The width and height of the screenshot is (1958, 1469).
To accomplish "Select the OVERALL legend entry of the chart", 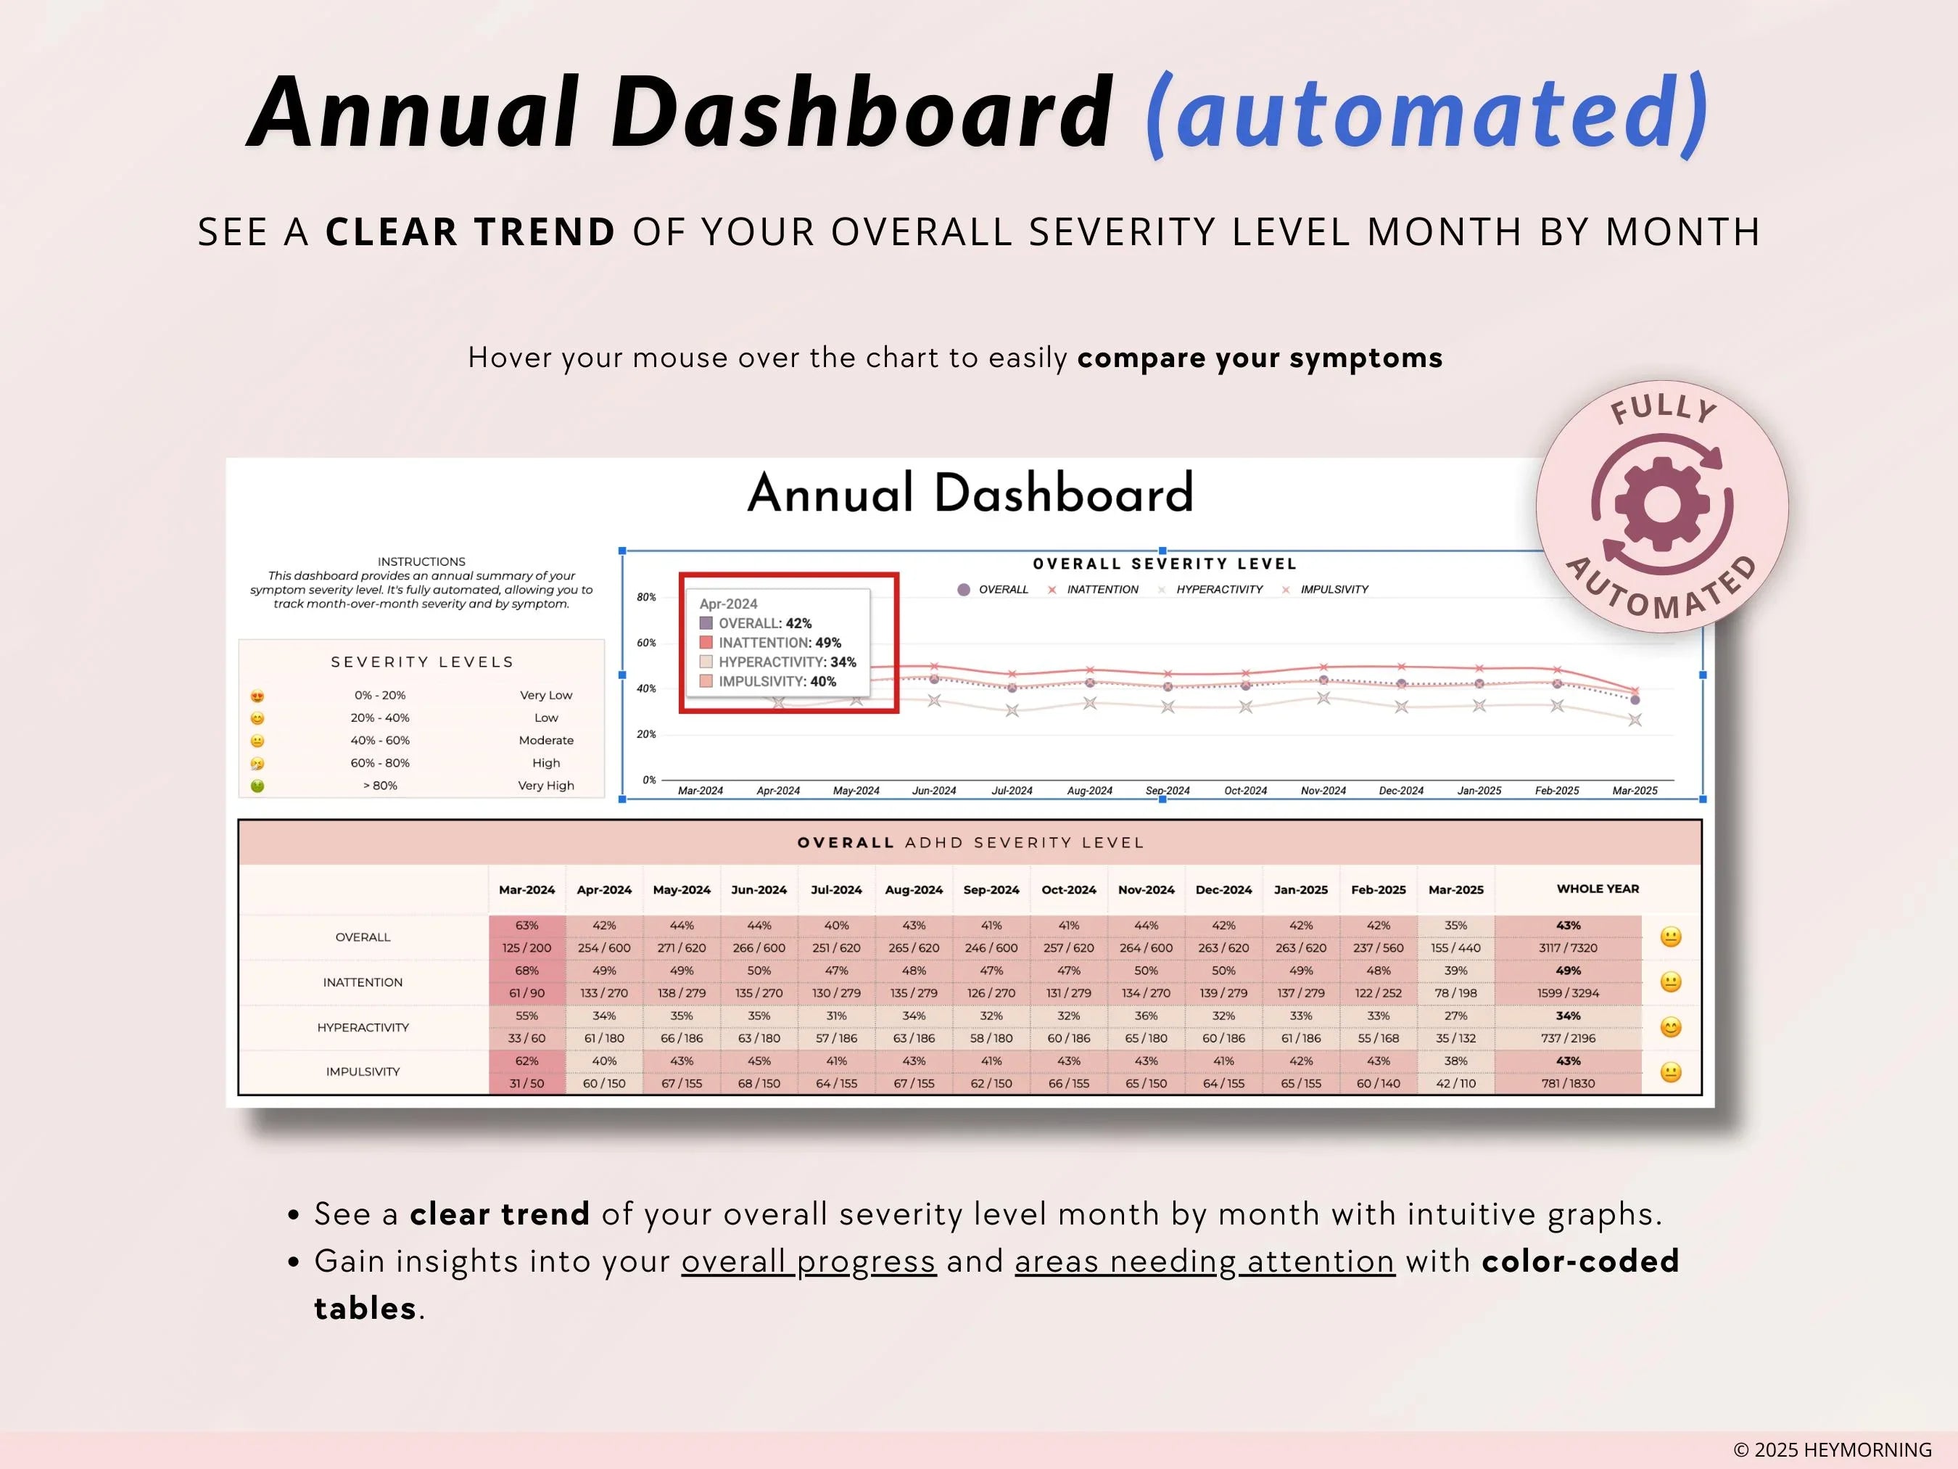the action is pos(992,590).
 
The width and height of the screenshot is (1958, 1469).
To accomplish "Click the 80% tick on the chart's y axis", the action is pos(646,598).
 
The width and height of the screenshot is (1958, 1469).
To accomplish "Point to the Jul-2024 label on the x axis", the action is pos(1012,791).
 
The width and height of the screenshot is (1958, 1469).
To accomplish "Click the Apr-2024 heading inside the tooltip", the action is pos(729,604).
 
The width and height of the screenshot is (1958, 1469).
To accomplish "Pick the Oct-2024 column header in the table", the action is pos(1068,890).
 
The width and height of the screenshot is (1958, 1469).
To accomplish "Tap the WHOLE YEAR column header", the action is pos(1598,889).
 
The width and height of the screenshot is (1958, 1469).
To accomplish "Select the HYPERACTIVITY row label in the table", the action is pos(363,1028).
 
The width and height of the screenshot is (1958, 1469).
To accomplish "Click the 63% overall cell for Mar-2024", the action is pos(526,926).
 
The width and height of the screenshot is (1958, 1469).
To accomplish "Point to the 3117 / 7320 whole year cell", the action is pos(1568,948).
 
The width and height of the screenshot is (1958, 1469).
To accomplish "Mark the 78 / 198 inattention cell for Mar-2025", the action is pos(1455,994).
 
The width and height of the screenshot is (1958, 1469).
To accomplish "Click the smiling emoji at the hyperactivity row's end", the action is pos(1670,1028).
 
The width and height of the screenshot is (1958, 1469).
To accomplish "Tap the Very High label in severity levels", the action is pos(545,786).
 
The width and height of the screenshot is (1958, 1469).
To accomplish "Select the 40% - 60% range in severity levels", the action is pos(380,740).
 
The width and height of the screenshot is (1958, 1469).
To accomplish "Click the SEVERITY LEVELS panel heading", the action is pos(422,662).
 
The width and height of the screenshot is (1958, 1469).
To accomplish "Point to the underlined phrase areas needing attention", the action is pos(1205,1261).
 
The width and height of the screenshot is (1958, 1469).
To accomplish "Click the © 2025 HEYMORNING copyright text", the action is pos(1833,1449).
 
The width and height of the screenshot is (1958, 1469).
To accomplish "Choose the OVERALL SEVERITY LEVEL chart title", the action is pos(1165,564).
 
